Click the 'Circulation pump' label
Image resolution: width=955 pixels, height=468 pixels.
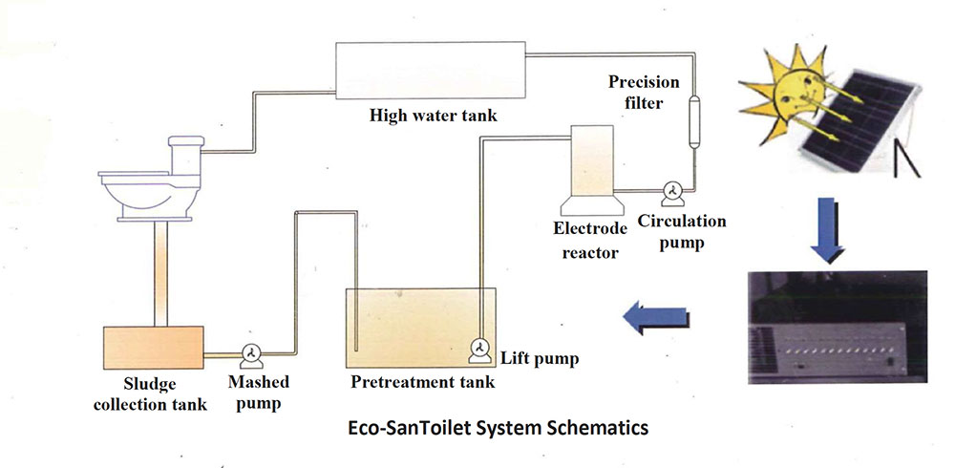pyautogui.click(x=682, y=232)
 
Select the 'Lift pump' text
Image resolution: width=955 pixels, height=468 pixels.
pyautogui.click(x=540, y=359)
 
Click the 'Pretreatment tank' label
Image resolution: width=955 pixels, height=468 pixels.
pyautogui.click(x=423, y=383)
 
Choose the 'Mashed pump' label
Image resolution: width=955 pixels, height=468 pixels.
pyautogui.click(x=258, y=393)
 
